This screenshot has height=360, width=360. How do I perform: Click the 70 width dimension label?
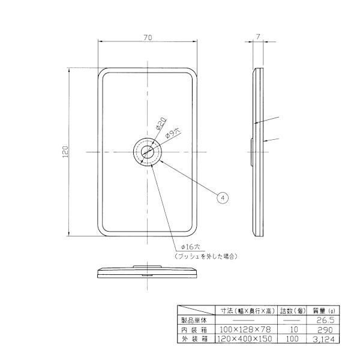point(148,37)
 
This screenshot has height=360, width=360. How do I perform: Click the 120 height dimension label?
point(65,152)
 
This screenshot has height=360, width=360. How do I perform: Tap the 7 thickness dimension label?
point(258,37)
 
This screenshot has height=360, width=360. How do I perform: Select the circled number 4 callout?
point(223,197)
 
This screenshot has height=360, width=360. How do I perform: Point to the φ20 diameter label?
point(161,124)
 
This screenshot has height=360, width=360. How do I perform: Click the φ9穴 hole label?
point(173,133)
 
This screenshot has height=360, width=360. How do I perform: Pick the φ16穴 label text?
point(191,247)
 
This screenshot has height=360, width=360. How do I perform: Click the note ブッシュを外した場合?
point(206,256)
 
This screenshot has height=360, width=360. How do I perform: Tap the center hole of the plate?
point(148,152)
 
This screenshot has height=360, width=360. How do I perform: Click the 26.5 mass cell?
point(325,320)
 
